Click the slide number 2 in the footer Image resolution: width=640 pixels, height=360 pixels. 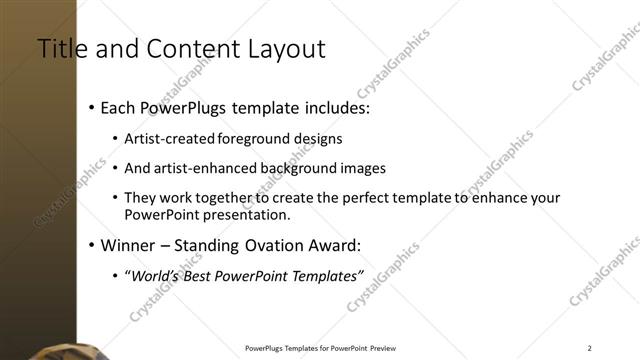tap(589, 348)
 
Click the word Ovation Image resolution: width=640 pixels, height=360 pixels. tap(259, 245)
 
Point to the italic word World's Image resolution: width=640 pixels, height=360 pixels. tap(155, 276)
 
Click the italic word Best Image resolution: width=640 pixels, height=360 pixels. tap(204, 276)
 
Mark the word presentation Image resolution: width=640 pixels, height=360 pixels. tap(244, 215)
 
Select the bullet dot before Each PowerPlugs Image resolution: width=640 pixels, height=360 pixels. tap(92, 106)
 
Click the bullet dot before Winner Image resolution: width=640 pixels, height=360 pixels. tap(92, 245)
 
